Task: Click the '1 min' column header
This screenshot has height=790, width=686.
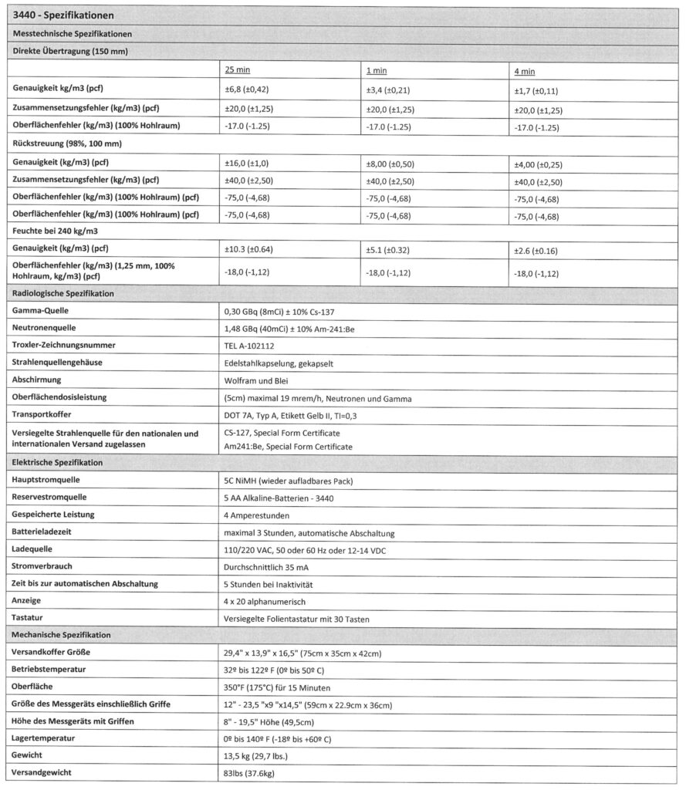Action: [376, 71]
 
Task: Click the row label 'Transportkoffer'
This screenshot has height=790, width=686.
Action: [49, 414]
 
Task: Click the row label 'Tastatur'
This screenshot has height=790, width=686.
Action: [32, 617]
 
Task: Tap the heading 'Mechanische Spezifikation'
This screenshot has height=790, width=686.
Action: [63, 634]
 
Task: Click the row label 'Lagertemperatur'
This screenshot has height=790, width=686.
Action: [48, 738]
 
